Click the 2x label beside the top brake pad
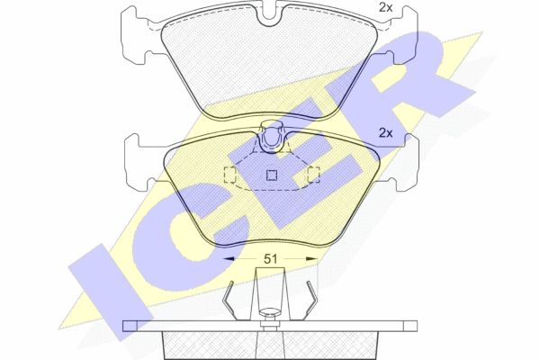tap(385, 7)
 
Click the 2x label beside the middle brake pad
tap(385, 132)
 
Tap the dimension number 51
tap(270, 258)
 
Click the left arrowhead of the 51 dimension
tap(229, 258)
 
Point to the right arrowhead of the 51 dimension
tap(311, 258)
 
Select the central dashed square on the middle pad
tap(272, 175)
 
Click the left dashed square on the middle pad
tap(230, 175)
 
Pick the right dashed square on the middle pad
tap(313, 175)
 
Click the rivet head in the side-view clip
tap(270, 312)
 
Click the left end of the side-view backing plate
tap(123, 326)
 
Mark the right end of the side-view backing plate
tap(417, 326)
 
